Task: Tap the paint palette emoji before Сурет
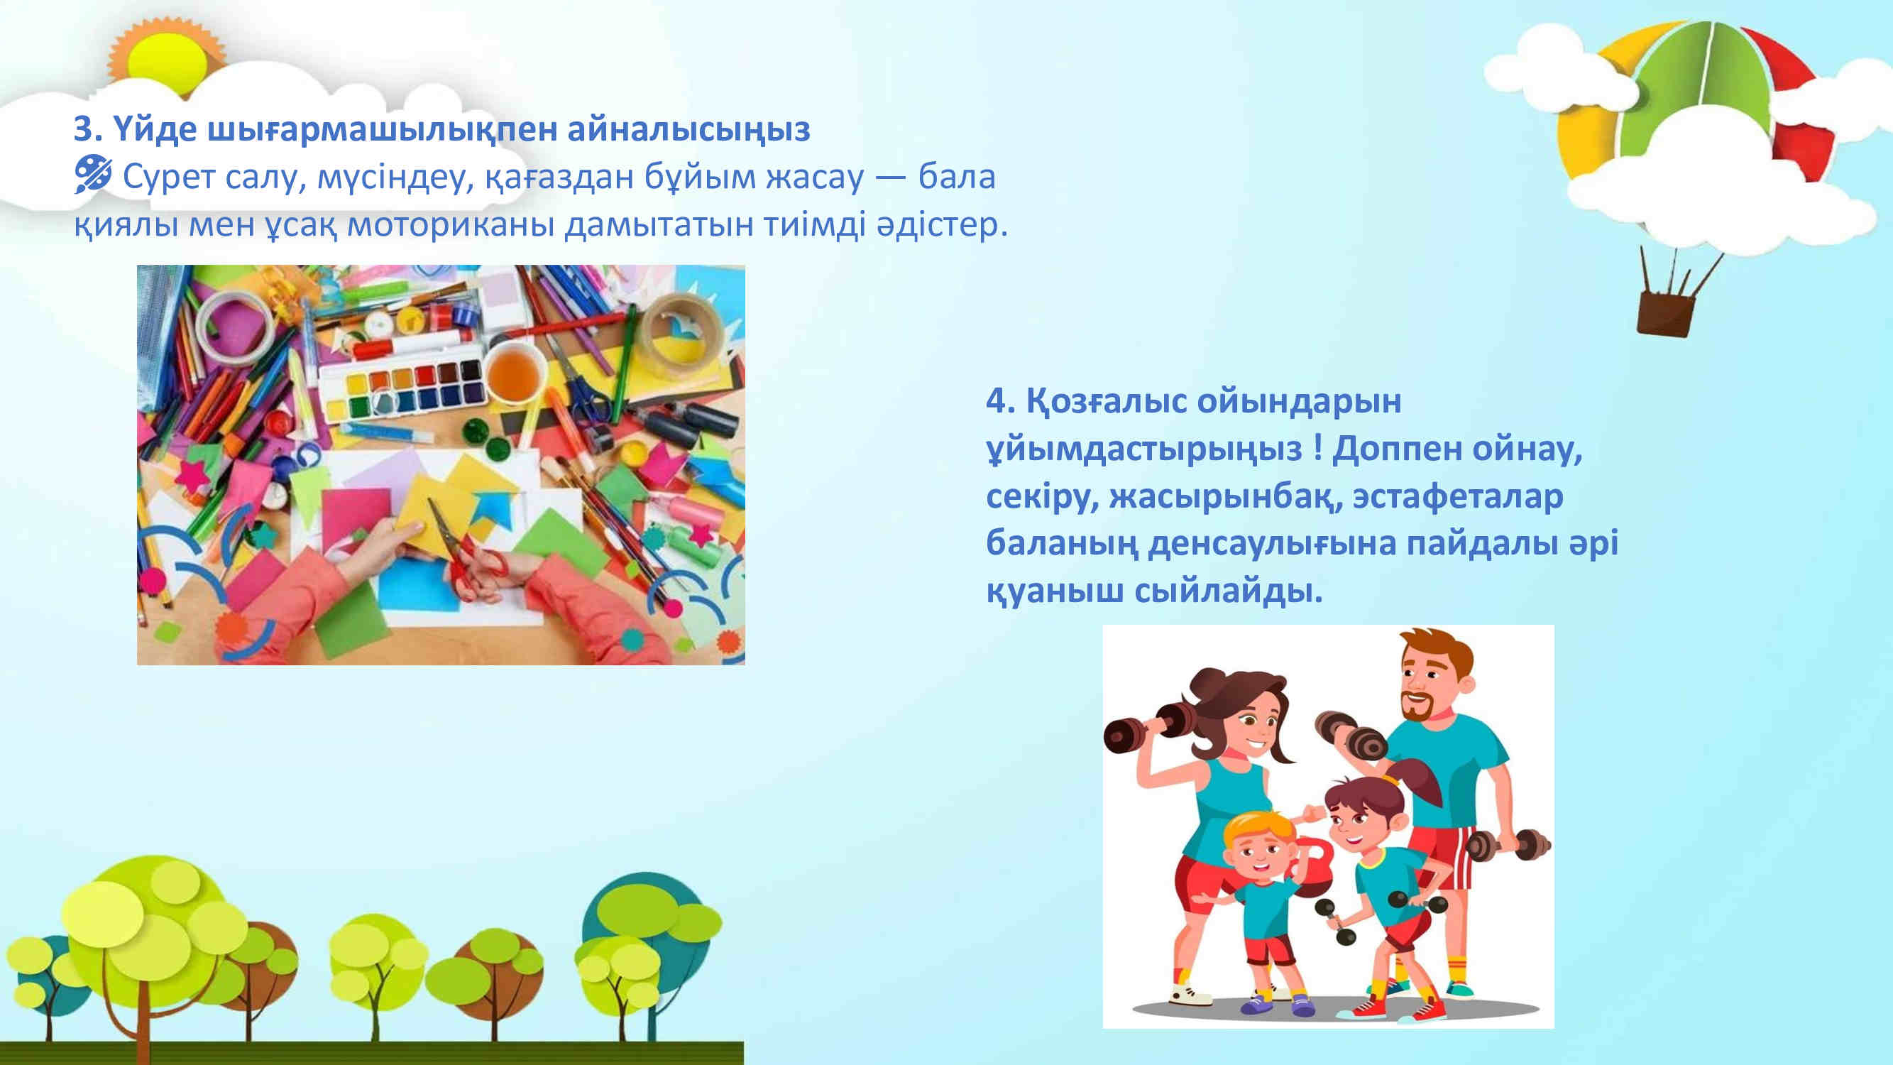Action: point(92,175)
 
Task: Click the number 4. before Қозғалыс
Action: point(1000,400)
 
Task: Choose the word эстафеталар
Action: point(1458,496)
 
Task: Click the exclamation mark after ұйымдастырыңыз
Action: point(1317,448)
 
